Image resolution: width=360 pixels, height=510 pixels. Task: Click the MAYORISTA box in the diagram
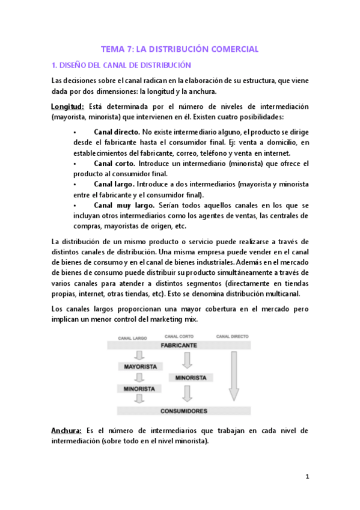click(140, 366)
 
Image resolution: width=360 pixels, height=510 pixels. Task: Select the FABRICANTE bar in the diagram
click(178, 346)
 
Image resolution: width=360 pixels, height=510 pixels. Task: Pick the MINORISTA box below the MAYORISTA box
click(140, 389)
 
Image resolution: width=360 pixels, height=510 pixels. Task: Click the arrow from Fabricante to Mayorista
click(140, 355)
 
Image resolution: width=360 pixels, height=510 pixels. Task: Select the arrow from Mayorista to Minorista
click(140, 378)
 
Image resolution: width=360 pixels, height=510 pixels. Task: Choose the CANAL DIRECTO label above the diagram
click(233, 336)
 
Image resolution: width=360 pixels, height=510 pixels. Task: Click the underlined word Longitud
click(68, 106)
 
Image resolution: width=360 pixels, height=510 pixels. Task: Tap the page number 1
click(307, 476)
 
